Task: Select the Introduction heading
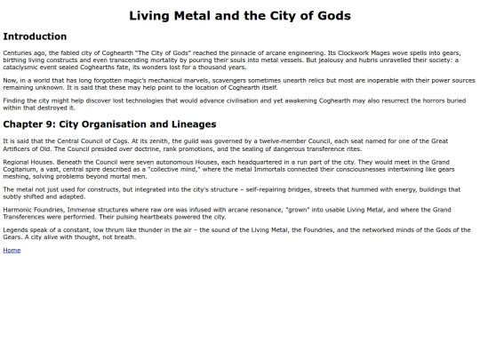point(35,36)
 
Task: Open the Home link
point(12,250)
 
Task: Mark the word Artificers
point(20,148)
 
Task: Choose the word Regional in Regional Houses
point(18,163)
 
